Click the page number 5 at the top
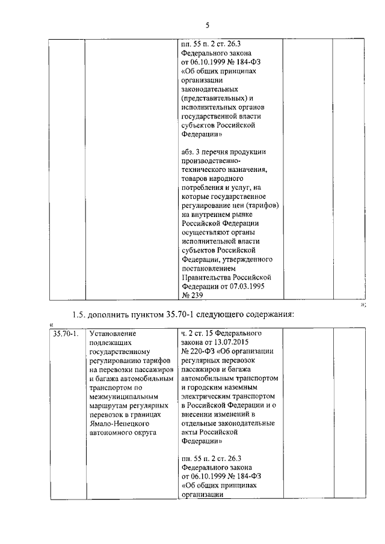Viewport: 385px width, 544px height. [206, 25]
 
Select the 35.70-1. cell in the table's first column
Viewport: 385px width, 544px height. [65, 333]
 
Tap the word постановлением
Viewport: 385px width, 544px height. [209, 268]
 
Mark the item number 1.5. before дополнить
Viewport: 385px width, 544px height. [78, 316]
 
